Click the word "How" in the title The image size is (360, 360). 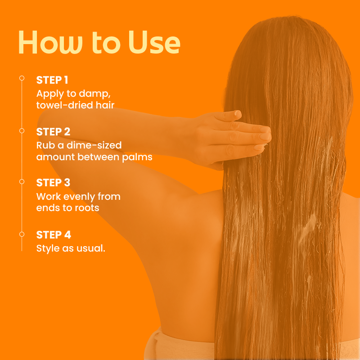pos(50,42)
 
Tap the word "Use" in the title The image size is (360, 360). pos(154,42)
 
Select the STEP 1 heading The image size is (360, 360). pos(52,80)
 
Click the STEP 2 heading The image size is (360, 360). pos(53,132)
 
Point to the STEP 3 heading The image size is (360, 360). pos(53,183)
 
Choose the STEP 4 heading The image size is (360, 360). pos(54,235)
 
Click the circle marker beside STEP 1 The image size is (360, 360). pos(22,78)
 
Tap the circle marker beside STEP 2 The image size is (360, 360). pos(22,130)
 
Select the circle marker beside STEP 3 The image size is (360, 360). pos(22,182)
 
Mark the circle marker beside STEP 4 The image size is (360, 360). pos(22,234)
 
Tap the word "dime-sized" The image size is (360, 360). pos(94,145)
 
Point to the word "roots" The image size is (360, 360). pos(87,208)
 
